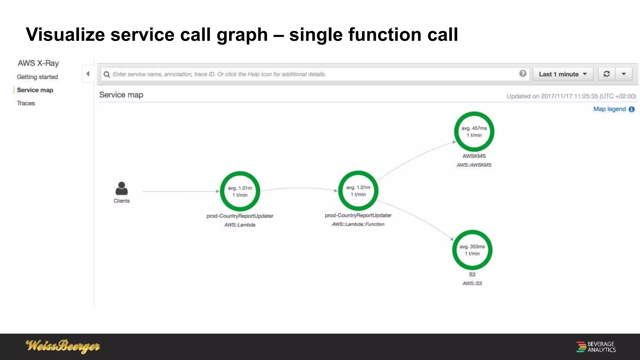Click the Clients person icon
click(x=122, y=188)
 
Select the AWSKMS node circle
click(x=474, y=132)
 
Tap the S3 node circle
click(x=472, y=250)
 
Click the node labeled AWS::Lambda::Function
click(x=358, y=191)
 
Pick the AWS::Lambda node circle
click(x=240, y=191)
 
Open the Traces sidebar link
click(x=26, y=103)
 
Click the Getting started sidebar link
click(x=37, y=77)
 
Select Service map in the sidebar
click(x=35, y=90)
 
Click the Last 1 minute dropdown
click(x=562, y=74)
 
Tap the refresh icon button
click(x=607, y=74)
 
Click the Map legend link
click(x=610, y=109)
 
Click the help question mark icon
click(x=522, y=73)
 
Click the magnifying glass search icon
click(x=107, y=74)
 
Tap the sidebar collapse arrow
click(x=88, y=74)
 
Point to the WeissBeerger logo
click(x=62, y=346)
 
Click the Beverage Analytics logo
click(x=596, y=347)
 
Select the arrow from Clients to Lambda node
click(x=180, y=191)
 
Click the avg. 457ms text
click(x=474, y=128)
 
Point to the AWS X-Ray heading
click(x=38, y=63)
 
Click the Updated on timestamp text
click(x=571, y=96)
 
